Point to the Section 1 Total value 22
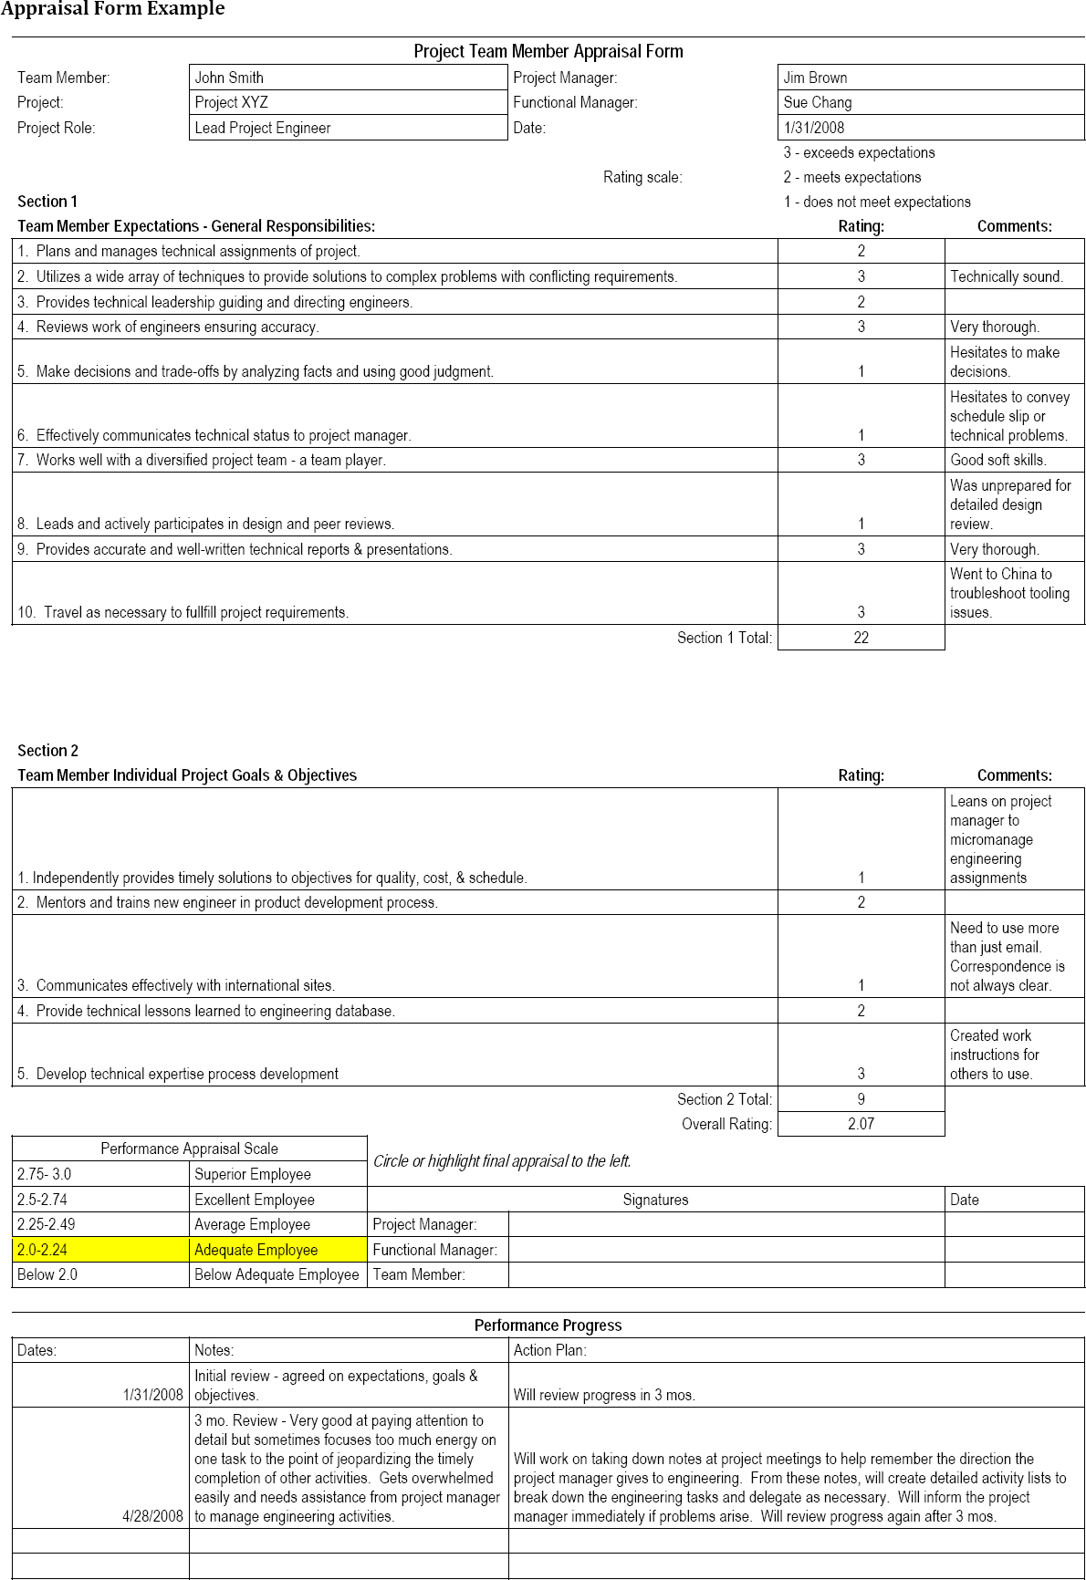(x=861, y=638)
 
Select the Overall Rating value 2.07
(x=861, y=1124)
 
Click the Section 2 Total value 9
(x=861, y=1099)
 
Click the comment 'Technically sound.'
(x=1007, y=276)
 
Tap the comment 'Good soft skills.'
(x=998, y=460)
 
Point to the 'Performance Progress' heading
(x=548, y=1325)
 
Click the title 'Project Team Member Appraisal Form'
(x=548, y=51)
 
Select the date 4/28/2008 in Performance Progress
(x=152, y=1516)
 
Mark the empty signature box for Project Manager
(x=726, y=1224)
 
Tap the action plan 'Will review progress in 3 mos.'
(x=604, y=1395)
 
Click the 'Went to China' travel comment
(x=1009, y=593)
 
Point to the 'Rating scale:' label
(x=642, y=177)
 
